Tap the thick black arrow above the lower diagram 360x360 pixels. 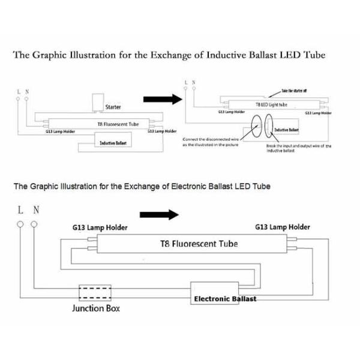(159, 215)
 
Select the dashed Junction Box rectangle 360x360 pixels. (95, 295)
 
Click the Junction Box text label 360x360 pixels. (95, 308)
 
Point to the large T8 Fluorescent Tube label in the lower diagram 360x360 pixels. (198, 244)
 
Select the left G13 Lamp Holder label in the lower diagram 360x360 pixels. (100, 228)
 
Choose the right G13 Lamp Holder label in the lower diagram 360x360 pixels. (283, 227)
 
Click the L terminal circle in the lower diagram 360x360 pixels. (21, 224)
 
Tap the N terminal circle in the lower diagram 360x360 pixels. (34, 224)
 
